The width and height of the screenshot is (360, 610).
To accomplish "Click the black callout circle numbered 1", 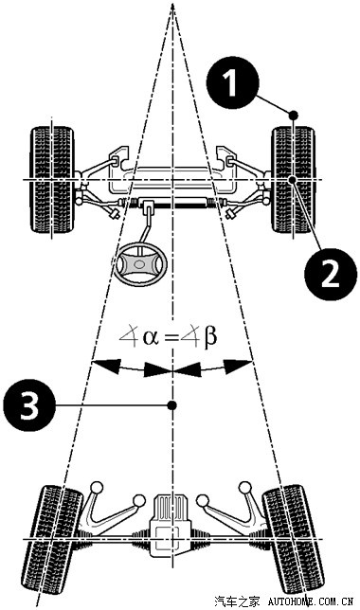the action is point(232,82).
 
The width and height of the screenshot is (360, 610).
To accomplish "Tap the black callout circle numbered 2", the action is point(331,274).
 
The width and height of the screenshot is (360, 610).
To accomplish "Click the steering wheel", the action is point(140,264).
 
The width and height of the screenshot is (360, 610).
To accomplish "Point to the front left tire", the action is point(52,180).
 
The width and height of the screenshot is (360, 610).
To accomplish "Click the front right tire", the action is point(293,180).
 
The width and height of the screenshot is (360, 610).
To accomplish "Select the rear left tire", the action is point(52,539).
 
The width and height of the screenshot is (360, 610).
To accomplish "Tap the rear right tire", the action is point(294,539).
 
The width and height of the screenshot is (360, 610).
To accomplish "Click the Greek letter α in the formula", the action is point(151,337).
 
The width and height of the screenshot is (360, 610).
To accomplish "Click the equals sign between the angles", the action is point(171,337).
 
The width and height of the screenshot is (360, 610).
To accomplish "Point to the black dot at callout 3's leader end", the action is point(171,405).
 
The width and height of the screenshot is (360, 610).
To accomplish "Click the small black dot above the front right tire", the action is point(293,116).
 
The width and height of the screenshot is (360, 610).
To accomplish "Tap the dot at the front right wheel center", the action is point(293,179).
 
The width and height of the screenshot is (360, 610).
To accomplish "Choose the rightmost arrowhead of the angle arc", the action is point(239,367).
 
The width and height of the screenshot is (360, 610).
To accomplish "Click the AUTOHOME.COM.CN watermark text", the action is point(310,601).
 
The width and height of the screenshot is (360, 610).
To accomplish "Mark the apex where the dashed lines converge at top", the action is point(172,5).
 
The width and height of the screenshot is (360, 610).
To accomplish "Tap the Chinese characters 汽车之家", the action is point(237,601).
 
